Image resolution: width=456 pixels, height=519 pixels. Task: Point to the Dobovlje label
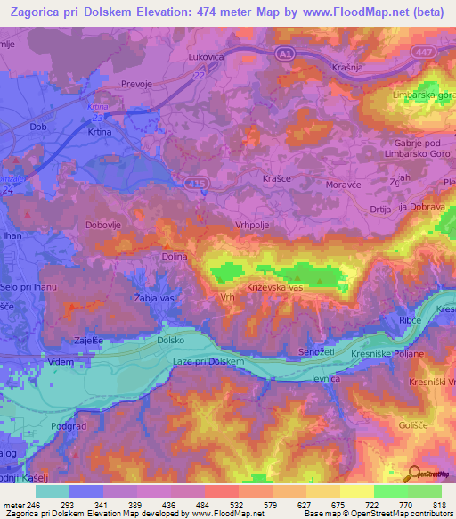(106, 226)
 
